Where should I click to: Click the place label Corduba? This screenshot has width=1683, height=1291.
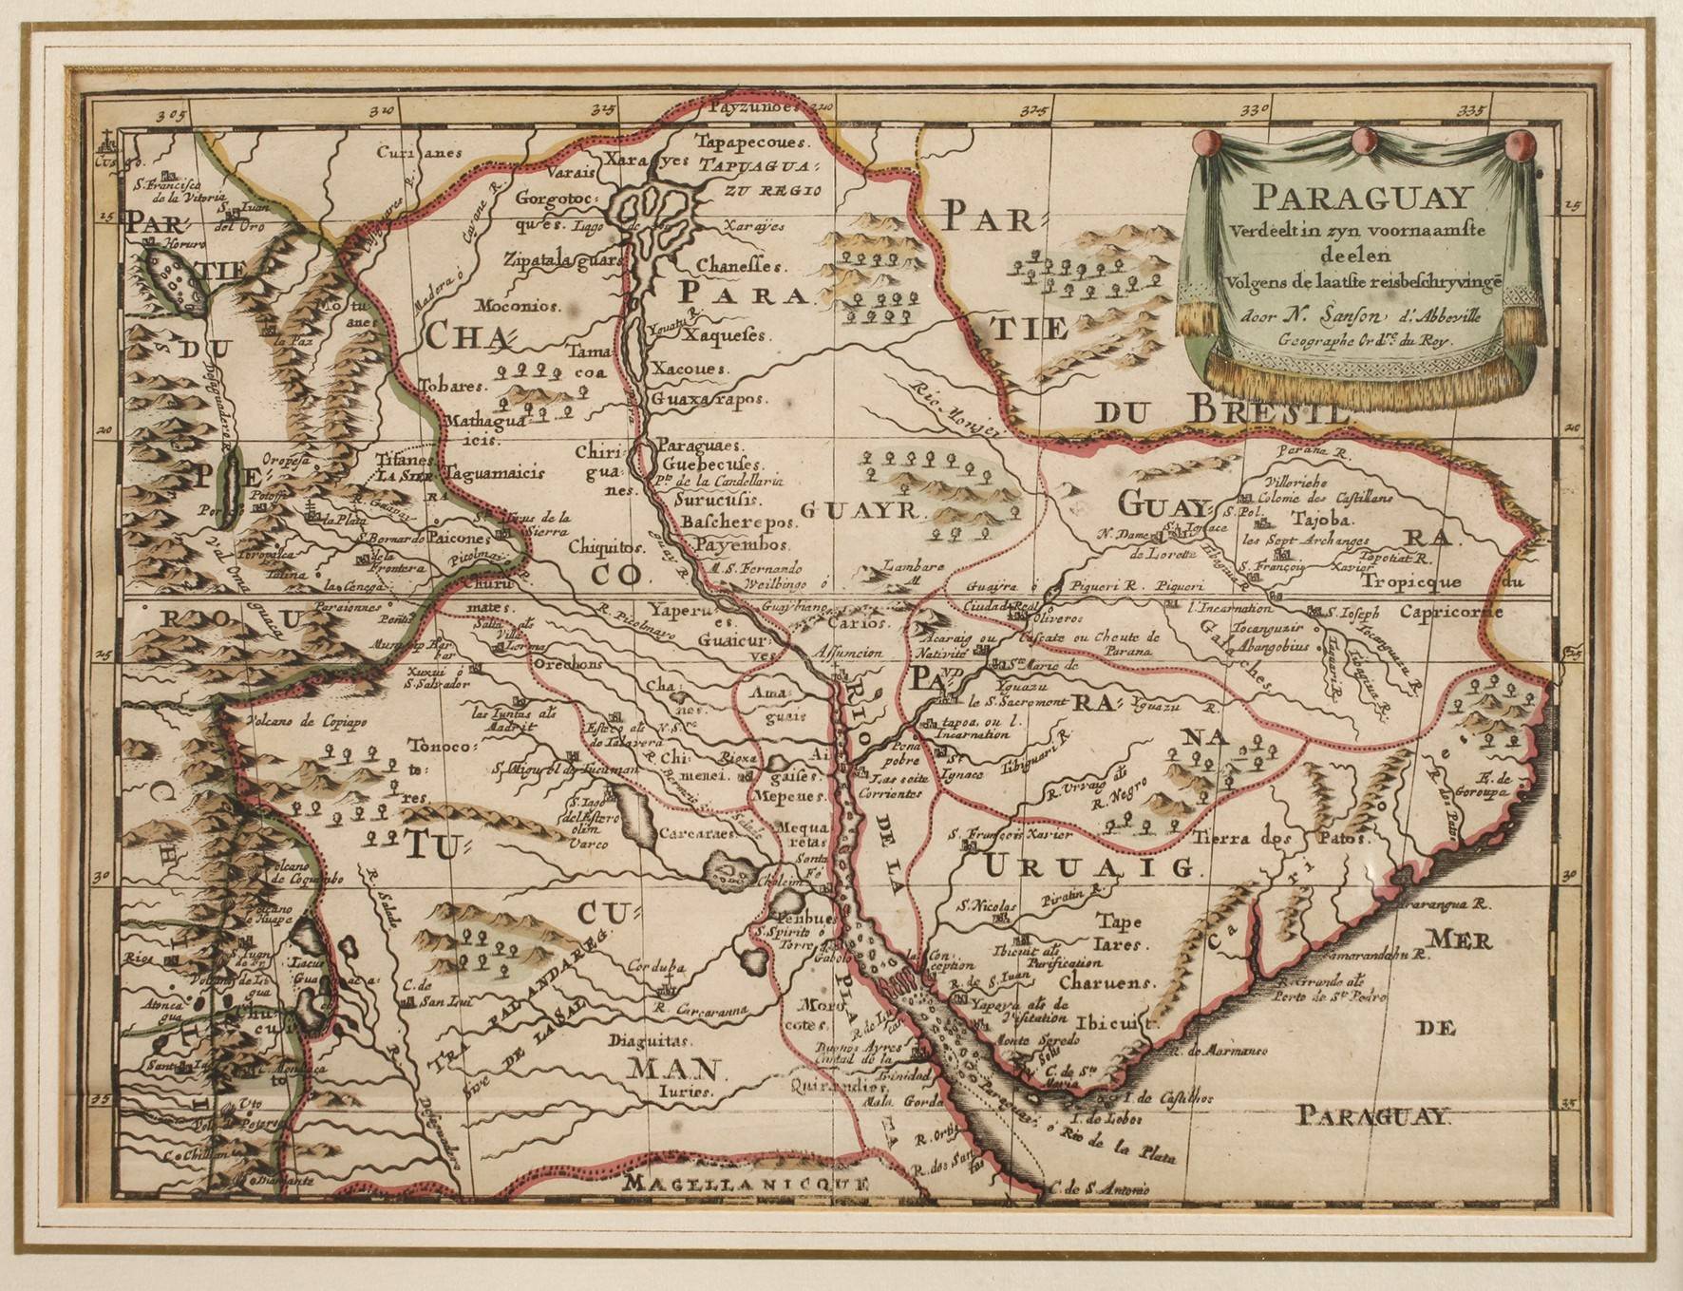655,967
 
